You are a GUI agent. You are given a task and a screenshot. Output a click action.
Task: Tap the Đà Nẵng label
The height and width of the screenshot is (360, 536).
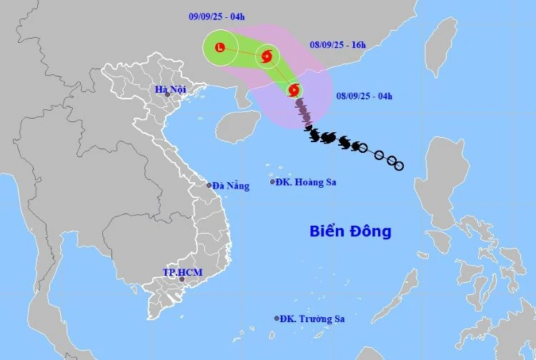[232, 186]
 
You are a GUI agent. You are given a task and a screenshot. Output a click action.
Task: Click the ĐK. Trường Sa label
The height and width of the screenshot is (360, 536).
[312, 319]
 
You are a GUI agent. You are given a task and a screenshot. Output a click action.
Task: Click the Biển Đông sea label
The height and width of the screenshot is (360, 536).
[350, 231]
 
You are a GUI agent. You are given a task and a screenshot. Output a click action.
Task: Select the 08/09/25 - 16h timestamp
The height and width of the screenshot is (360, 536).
[337, 44]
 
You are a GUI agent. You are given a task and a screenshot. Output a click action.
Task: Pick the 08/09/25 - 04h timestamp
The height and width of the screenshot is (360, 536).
[363, 94]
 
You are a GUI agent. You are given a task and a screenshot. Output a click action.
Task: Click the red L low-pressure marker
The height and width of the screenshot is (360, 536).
[219, 48]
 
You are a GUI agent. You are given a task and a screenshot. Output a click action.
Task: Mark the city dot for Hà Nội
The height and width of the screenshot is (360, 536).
[167, 94]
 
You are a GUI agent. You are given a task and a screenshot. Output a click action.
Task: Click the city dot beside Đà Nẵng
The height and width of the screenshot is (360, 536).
[209, 186]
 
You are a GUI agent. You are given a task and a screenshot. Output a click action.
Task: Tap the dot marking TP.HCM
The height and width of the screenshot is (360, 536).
[182, 279]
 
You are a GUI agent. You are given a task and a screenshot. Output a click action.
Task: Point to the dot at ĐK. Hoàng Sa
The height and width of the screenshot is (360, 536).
[272, 182]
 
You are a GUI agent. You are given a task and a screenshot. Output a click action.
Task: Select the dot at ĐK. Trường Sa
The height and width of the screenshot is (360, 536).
[277, 319]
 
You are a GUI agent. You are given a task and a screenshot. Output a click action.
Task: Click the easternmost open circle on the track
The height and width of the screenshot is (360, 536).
[399, 166]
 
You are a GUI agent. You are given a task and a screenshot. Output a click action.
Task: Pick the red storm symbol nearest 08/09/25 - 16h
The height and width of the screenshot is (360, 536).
[267, 56]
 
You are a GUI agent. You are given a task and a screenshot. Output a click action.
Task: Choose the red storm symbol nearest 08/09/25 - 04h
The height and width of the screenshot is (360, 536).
[293, 90]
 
